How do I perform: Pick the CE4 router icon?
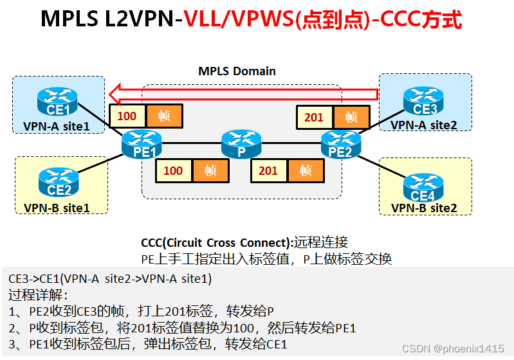[x=424, y=186]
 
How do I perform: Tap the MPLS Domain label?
[x=237, y=71]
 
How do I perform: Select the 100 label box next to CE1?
[x=127, y=116]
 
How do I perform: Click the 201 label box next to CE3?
[x=314, y=118]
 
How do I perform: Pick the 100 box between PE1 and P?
[x=173, y=170]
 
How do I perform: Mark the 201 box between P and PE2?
[x=268, y=170]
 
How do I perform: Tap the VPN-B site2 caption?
[x=425, y=208]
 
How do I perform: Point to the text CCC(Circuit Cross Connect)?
[x=216, y=243]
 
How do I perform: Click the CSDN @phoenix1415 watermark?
[x=453, y=348]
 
